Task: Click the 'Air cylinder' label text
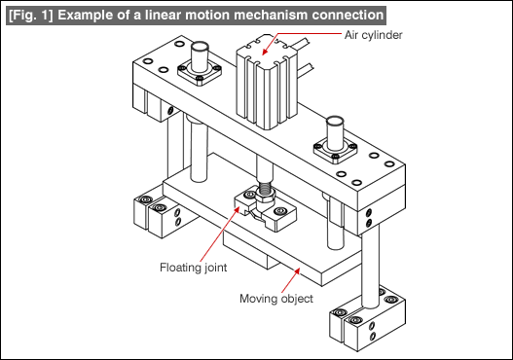point(373,35)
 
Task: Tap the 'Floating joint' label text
point(193,268)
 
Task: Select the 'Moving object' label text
point(276,299)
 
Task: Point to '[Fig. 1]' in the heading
point(31,15)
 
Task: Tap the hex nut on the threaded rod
point(265,197)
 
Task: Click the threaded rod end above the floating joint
point(265,188)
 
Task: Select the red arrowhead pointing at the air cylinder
point(266,52)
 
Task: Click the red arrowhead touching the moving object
point(297,271)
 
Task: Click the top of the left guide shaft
point(200,47)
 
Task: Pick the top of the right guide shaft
point(335,122)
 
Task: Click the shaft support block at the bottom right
point(367,319)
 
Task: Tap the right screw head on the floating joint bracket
point(280,210)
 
